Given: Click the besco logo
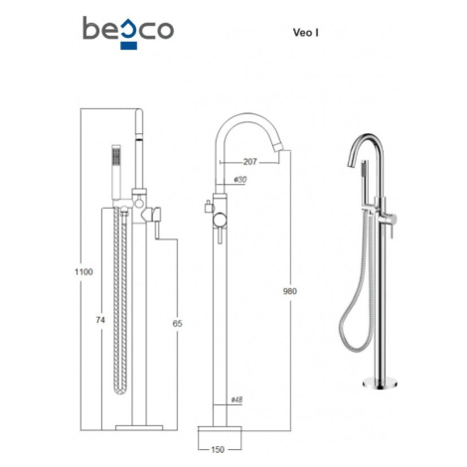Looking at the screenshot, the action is [x=128, y=32].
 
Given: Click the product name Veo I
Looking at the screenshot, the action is [x=306, y=33].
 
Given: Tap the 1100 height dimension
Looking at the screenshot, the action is [x=83, y=272].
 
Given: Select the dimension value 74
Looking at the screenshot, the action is [x=100, y=320].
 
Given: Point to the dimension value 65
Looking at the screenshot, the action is [x=177, y=323].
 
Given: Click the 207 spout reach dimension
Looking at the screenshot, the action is [x=250, y=162].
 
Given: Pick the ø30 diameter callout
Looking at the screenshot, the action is [x=240, y=179].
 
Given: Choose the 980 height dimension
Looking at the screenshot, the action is [x=290, y=291].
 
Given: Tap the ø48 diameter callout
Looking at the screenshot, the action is [x=236, y=399].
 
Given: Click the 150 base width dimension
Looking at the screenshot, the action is [x=218, y=449].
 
